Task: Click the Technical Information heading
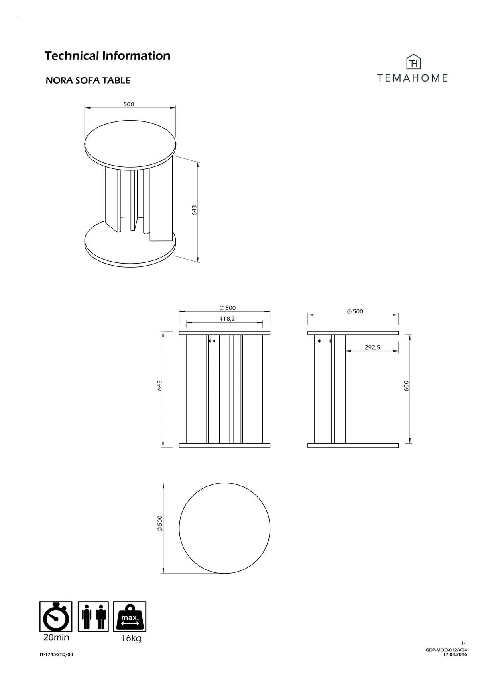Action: click(x=108, y=56)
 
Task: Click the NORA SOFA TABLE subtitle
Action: click(x=88, y=81)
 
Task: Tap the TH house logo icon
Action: click(x=414, y=62)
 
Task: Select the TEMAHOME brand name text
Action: click(x=412, y=78)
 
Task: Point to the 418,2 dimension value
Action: click(x=227, y=319)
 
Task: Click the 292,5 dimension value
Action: click(x=372, y=347)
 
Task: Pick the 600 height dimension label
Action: click(x=406, y=386)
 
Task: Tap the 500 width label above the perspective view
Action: click(x=129, y=104)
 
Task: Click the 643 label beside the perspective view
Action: click(x=195, y=210)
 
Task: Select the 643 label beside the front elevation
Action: click(x=160, y=385)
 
